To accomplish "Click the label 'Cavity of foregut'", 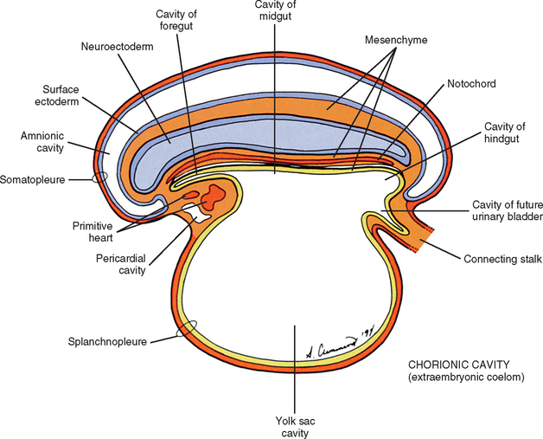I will coord(177,20).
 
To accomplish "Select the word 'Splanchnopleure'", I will coord(106,342).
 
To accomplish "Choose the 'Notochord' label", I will coord(470,86).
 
